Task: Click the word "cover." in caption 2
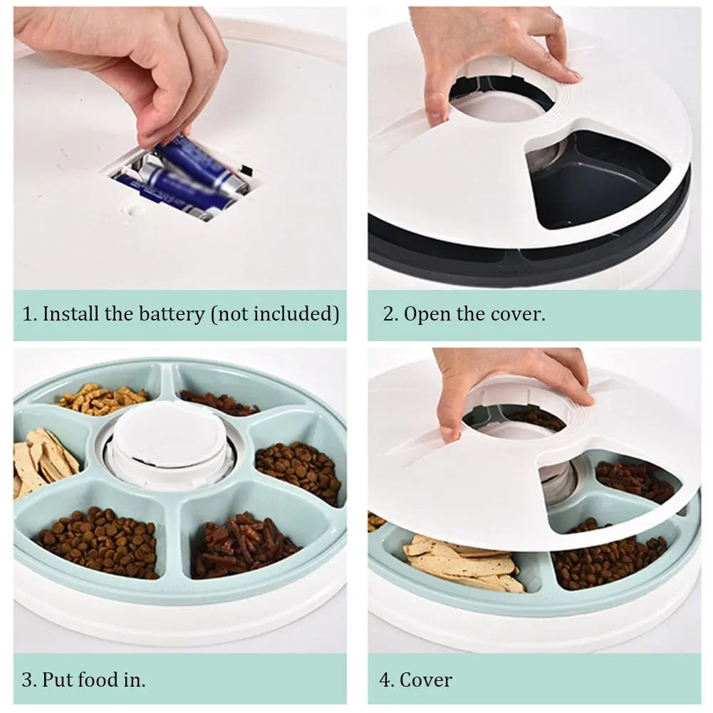519,314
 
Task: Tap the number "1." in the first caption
29,314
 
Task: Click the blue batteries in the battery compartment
185,178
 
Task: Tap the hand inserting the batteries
142,64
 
